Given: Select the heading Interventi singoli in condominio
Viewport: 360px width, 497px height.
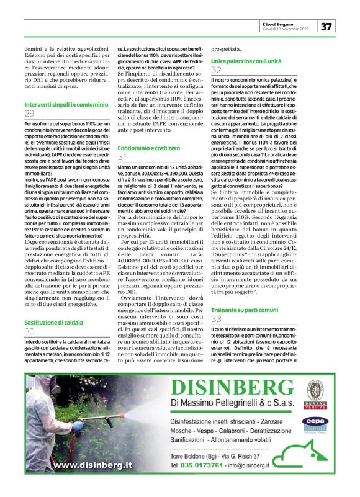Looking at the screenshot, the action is click(x=66, y=105).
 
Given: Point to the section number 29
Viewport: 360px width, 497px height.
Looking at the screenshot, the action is click(x=30, y=114).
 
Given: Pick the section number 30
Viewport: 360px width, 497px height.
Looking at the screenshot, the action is click(x=30, y=332).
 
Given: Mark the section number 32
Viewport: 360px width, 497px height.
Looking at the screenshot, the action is click(x=216, y=71).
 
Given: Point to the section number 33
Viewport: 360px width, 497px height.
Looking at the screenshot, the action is click(x=216, y=319).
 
